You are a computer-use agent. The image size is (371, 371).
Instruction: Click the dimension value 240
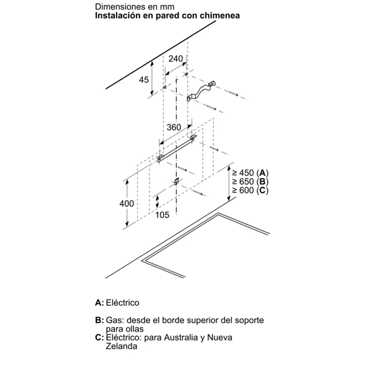pyautogui.click(x=176, y=59)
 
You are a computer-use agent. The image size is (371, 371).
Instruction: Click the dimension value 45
pyautogui.click(x=144, y=80)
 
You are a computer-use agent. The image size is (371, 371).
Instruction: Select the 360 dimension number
pyautogui.click(x=174, y=127)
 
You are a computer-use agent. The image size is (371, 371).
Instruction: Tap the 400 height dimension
pyautogui.click(x=127, y=204)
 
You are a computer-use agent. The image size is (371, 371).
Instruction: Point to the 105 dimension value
pyautogui.click(x=163, y=215)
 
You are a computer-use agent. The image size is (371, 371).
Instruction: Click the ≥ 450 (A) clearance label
pyautogui.click(x=250, y=173)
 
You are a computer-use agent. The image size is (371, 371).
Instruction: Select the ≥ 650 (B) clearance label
pyautogui.click(x=250, y=182)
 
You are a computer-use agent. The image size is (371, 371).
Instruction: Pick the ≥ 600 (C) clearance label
pyautogui.click(x=250, y=190)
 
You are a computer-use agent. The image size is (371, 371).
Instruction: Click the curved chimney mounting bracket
pyautogui.click(x=202, y=91)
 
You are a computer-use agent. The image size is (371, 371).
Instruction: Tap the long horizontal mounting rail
pyautogui.click(x=177, y=149)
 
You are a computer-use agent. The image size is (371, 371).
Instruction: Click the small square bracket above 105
pyautogui.click(x=176, y=182)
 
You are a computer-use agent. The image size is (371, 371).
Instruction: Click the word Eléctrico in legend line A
pyautogui.click(x=122, y=302)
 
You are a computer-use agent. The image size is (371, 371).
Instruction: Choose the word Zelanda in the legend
pyautogui.click(x=121, y=346)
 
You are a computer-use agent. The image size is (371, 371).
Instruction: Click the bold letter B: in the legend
pyautogui.click(x=99, y=320)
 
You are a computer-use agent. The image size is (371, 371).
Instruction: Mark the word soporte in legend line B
pyautogui.click(x=249, y=321)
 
